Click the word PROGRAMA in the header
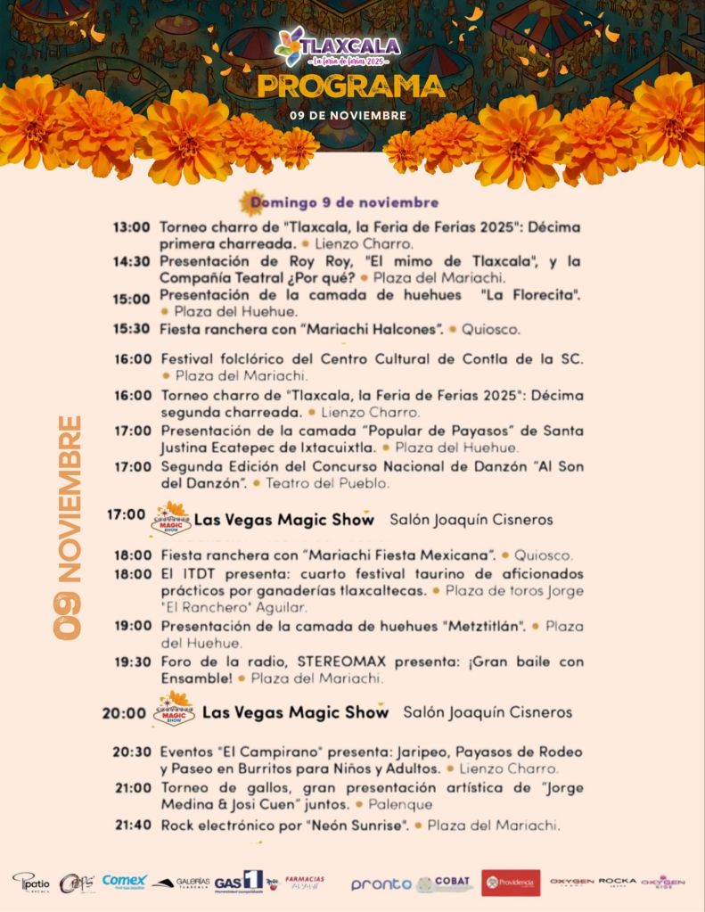tap(351, 86)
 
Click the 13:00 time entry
tap(131, 227)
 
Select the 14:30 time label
tap(131, 261)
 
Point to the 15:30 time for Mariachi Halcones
tap(131, 329)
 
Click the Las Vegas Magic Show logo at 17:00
tap(170, 518)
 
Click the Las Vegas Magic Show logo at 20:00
tap(174, 711)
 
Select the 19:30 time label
tap(133, 661)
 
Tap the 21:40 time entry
tap(133, 826)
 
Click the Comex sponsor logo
tap(124, 881)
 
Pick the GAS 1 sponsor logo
tap(239, 881)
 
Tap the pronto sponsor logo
tap(381, 883)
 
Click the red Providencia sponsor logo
tap(511, 883)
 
